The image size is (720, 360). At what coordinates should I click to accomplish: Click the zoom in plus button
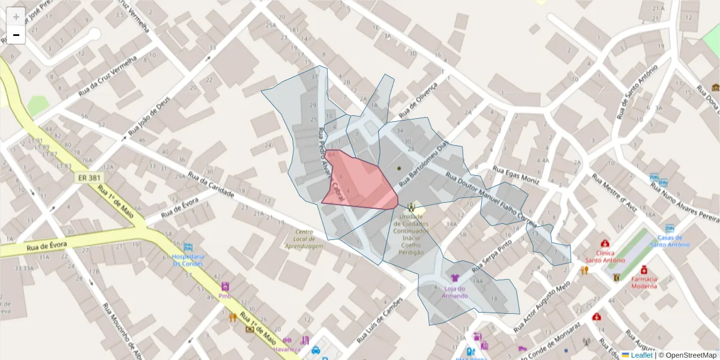16,17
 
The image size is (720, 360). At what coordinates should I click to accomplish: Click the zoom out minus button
16,35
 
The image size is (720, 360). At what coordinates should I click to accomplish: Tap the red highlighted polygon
360,183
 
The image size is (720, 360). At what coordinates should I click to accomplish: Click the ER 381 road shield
90,178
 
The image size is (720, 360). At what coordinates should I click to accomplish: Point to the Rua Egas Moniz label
516,175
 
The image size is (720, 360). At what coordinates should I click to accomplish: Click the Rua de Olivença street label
419,100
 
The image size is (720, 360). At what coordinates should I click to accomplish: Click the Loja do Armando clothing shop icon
455,278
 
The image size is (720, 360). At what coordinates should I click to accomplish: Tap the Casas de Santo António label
670,241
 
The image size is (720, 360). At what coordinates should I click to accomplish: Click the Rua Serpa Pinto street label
492,254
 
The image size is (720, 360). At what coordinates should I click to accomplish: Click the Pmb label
225,296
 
